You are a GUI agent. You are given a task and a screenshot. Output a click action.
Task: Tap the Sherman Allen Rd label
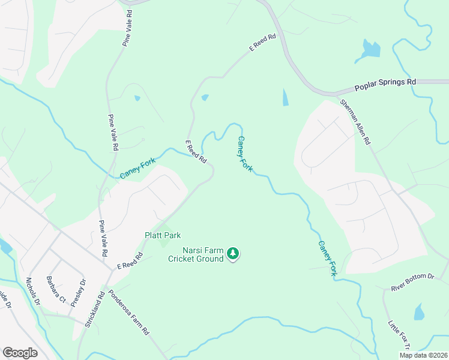pos(355,122)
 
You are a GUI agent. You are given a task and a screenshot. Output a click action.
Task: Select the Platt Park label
pos(163,235)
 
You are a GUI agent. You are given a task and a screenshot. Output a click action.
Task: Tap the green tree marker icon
pos(234,255)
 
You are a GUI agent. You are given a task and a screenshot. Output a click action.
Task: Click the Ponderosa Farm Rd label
pos(128,313)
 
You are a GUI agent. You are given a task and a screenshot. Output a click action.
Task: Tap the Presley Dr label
pos(78,293)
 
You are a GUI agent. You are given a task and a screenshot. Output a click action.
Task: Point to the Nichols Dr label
pos(33,292)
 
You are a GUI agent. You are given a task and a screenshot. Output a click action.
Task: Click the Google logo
pos(20,353)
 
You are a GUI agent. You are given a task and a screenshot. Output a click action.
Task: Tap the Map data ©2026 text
pos(423,355)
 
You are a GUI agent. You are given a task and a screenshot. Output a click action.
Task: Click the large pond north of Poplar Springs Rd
pos(369,50)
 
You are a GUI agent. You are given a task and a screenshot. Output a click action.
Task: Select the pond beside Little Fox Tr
pos(419,311)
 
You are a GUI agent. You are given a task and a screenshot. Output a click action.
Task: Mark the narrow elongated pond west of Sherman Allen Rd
pos(285,98)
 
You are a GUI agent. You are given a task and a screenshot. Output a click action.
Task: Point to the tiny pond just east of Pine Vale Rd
pos(137,98)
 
